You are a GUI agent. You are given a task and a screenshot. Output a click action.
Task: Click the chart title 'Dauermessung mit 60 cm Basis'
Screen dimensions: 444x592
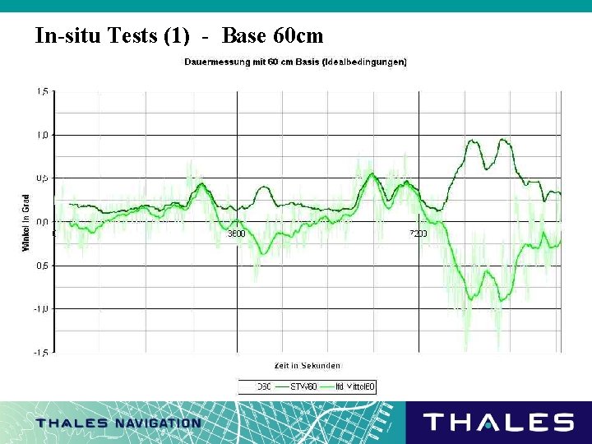tap(294, 62)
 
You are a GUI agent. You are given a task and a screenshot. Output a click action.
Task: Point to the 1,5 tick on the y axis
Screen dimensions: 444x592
tap(41, 91)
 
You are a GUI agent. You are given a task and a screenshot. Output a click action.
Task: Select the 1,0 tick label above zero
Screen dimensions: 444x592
tap(41, 135)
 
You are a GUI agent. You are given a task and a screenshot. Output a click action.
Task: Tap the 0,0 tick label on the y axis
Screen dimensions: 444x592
tap(41, 222)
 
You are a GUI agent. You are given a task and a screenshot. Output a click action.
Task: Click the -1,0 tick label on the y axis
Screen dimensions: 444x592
tap(40, 308)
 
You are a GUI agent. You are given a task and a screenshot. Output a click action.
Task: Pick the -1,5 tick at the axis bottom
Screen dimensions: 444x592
tap(40, 352)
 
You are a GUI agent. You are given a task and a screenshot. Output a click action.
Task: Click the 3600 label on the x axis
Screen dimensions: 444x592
tap(236, 234)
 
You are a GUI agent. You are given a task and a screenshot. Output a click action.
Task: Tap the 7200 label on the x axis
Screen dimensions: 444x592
tap(419, 234)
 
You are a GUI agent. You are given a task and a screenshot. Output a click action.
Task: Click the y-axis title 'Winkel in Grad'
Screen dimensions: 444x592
tap(26, 222)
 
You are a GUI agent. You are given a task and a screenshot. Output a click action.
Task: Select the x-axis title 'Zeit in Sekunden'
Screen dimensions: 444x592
tap(307, 365)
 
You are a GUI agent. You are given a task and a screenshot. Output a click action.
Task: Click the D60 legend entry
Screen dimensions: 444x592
tap(262, 386)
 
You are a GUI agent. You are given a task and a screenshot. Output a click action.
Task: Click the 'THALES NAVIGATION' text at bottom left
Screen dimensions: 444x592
tap(118, 423)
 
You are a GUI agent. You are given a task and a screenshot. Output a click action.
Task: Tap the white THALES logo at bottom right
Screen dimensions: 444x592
tap(497, 423)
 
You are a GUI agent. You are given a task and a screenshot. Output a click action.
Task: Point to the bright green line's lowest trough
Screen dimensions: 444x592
tap(471, 298)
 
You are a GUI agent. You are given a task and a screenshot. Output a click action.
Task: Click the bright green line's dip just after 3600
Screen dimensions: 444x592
tap(262, 252)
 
